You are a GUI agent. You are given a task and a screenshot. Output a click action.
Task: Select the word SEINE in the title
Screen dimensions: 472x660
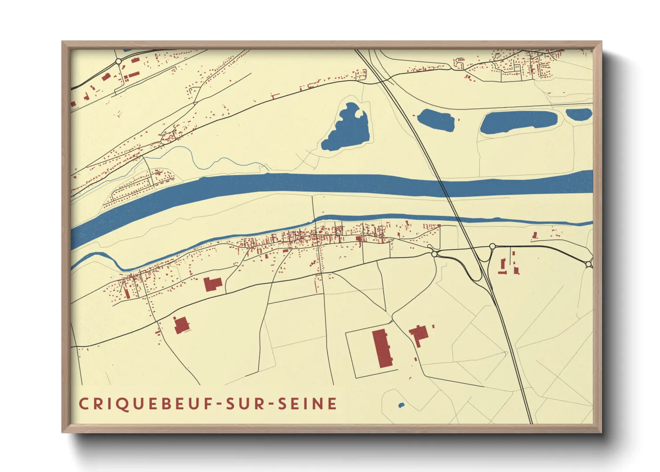307,404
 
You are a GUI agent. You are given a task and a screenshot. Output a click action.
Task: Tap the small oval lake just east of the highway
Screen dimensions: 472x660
436,120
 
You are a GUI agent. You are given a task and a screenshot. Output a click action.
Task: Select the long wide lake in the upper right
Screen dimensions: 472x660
518,122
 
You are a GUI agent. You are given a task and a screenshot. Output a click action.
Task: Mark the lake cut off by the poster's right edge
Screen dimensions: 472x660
579,114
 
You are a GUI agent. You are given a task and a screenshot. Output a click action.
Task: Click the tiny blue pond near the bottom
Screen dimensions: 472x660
401,406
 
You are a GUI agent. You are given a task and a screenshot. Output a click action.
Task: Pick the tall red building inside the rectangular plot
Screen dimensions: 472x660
382,348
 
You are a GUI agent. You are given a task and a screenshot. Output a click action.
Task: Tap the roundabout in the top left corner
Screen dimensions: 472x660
119,61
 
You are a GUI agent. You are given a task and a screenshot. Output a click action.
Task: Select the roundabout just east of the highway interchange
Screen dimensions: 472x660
492,246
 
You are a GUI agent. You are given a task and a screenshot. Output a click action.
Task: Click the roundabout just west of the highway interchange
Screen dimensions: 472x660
434,254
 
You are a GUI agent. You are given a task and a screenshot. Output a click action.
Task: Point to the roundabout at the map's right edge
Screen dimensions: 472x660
589,265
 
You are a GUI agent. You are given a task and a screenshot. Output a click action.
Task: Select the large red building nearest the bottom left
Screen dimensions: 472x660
181,325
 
